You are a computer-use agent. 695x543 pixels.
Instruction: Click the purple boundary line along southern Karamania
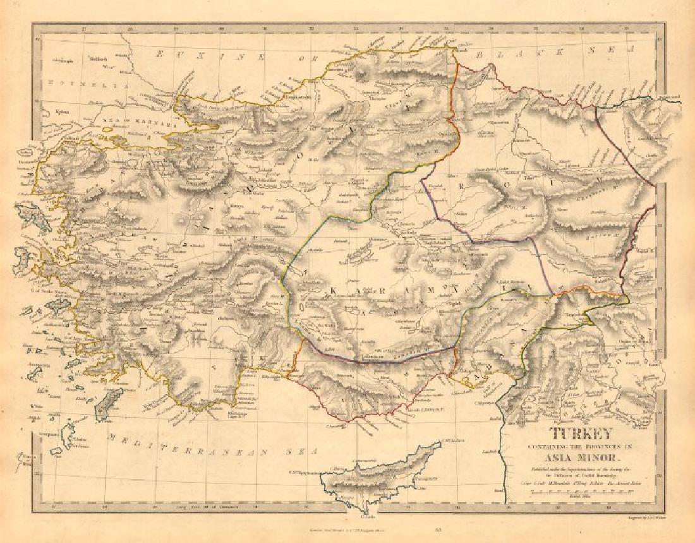click(x=379, y=358)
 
